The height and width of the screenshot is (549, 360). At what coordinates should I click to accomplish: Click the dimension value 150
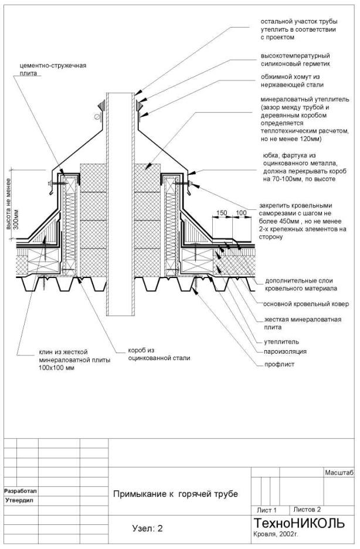(x=221, y=212)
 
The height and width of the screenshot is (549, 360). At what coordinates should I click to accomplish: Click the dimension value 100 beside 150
(x=241, y=212)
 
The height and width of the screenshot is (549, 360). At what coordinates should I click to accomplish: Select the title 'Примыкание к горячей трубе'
(x=175, y=494)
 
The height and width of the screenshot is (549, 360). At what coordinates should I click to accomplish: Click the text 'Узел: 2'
(x=147, y=528)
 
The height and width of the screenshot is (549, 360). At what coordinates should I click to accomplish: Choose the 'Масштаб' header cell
(x=338, y=473)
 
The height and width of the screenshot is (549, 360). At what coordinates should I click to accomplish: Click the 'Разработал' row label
(x=21, y=490)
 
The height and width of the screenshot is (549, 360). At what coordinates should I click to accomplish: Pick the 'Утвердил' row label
(x=20, y=500)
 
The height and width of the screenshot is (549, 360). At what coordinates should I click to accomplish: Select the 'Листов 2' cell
(x=307, y=509)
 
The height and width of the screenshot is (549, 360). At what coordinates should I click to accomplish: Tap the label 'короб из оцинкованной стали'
(x=151, y=354)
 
